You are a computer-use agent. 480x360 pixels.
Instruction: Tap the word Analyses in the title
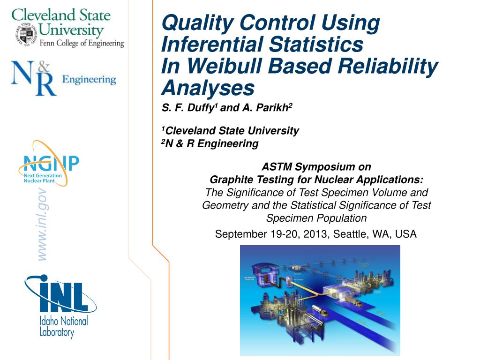point(208,88)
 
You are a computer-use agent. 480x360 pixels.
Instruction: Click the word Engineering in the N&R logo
point(89,79)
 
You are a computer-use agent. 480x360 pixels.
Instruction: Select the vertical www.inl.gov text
point(42,224)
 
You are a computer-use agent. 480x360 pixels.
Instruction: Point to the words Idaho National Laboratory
point(63,327)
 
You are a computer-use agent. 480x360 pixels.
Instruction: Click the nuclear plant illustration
point(320,300)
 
